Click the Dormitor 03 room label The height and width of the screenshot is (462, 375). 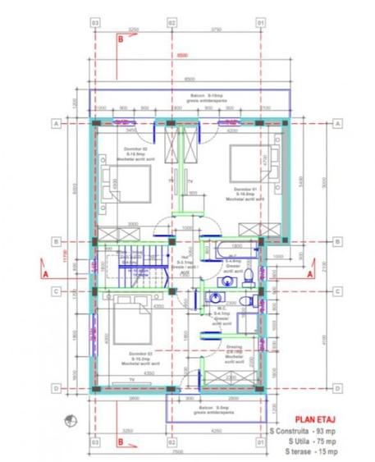140,357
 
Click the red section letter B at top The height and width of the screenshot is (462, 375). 121,39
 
